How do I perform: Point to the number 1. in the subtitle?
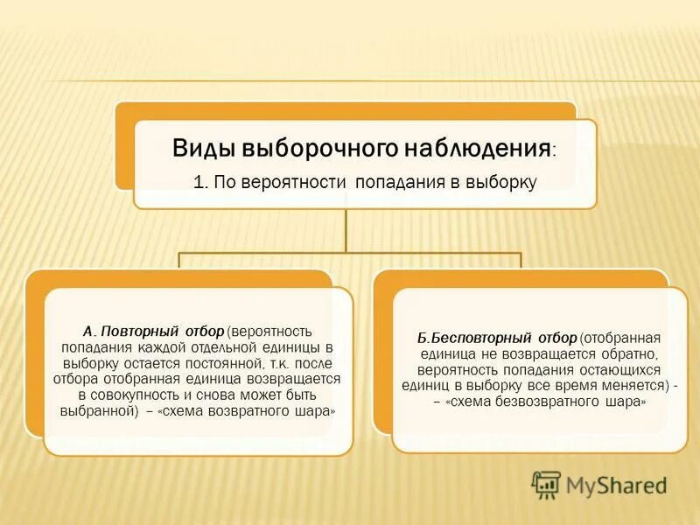[x=200, y=182]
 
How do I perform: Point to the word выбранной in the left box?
[x=94, y=410]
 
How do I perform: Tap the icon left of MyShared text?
[x=546, y=484]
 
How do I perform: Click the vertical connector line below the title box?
[x=347, y=229]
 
